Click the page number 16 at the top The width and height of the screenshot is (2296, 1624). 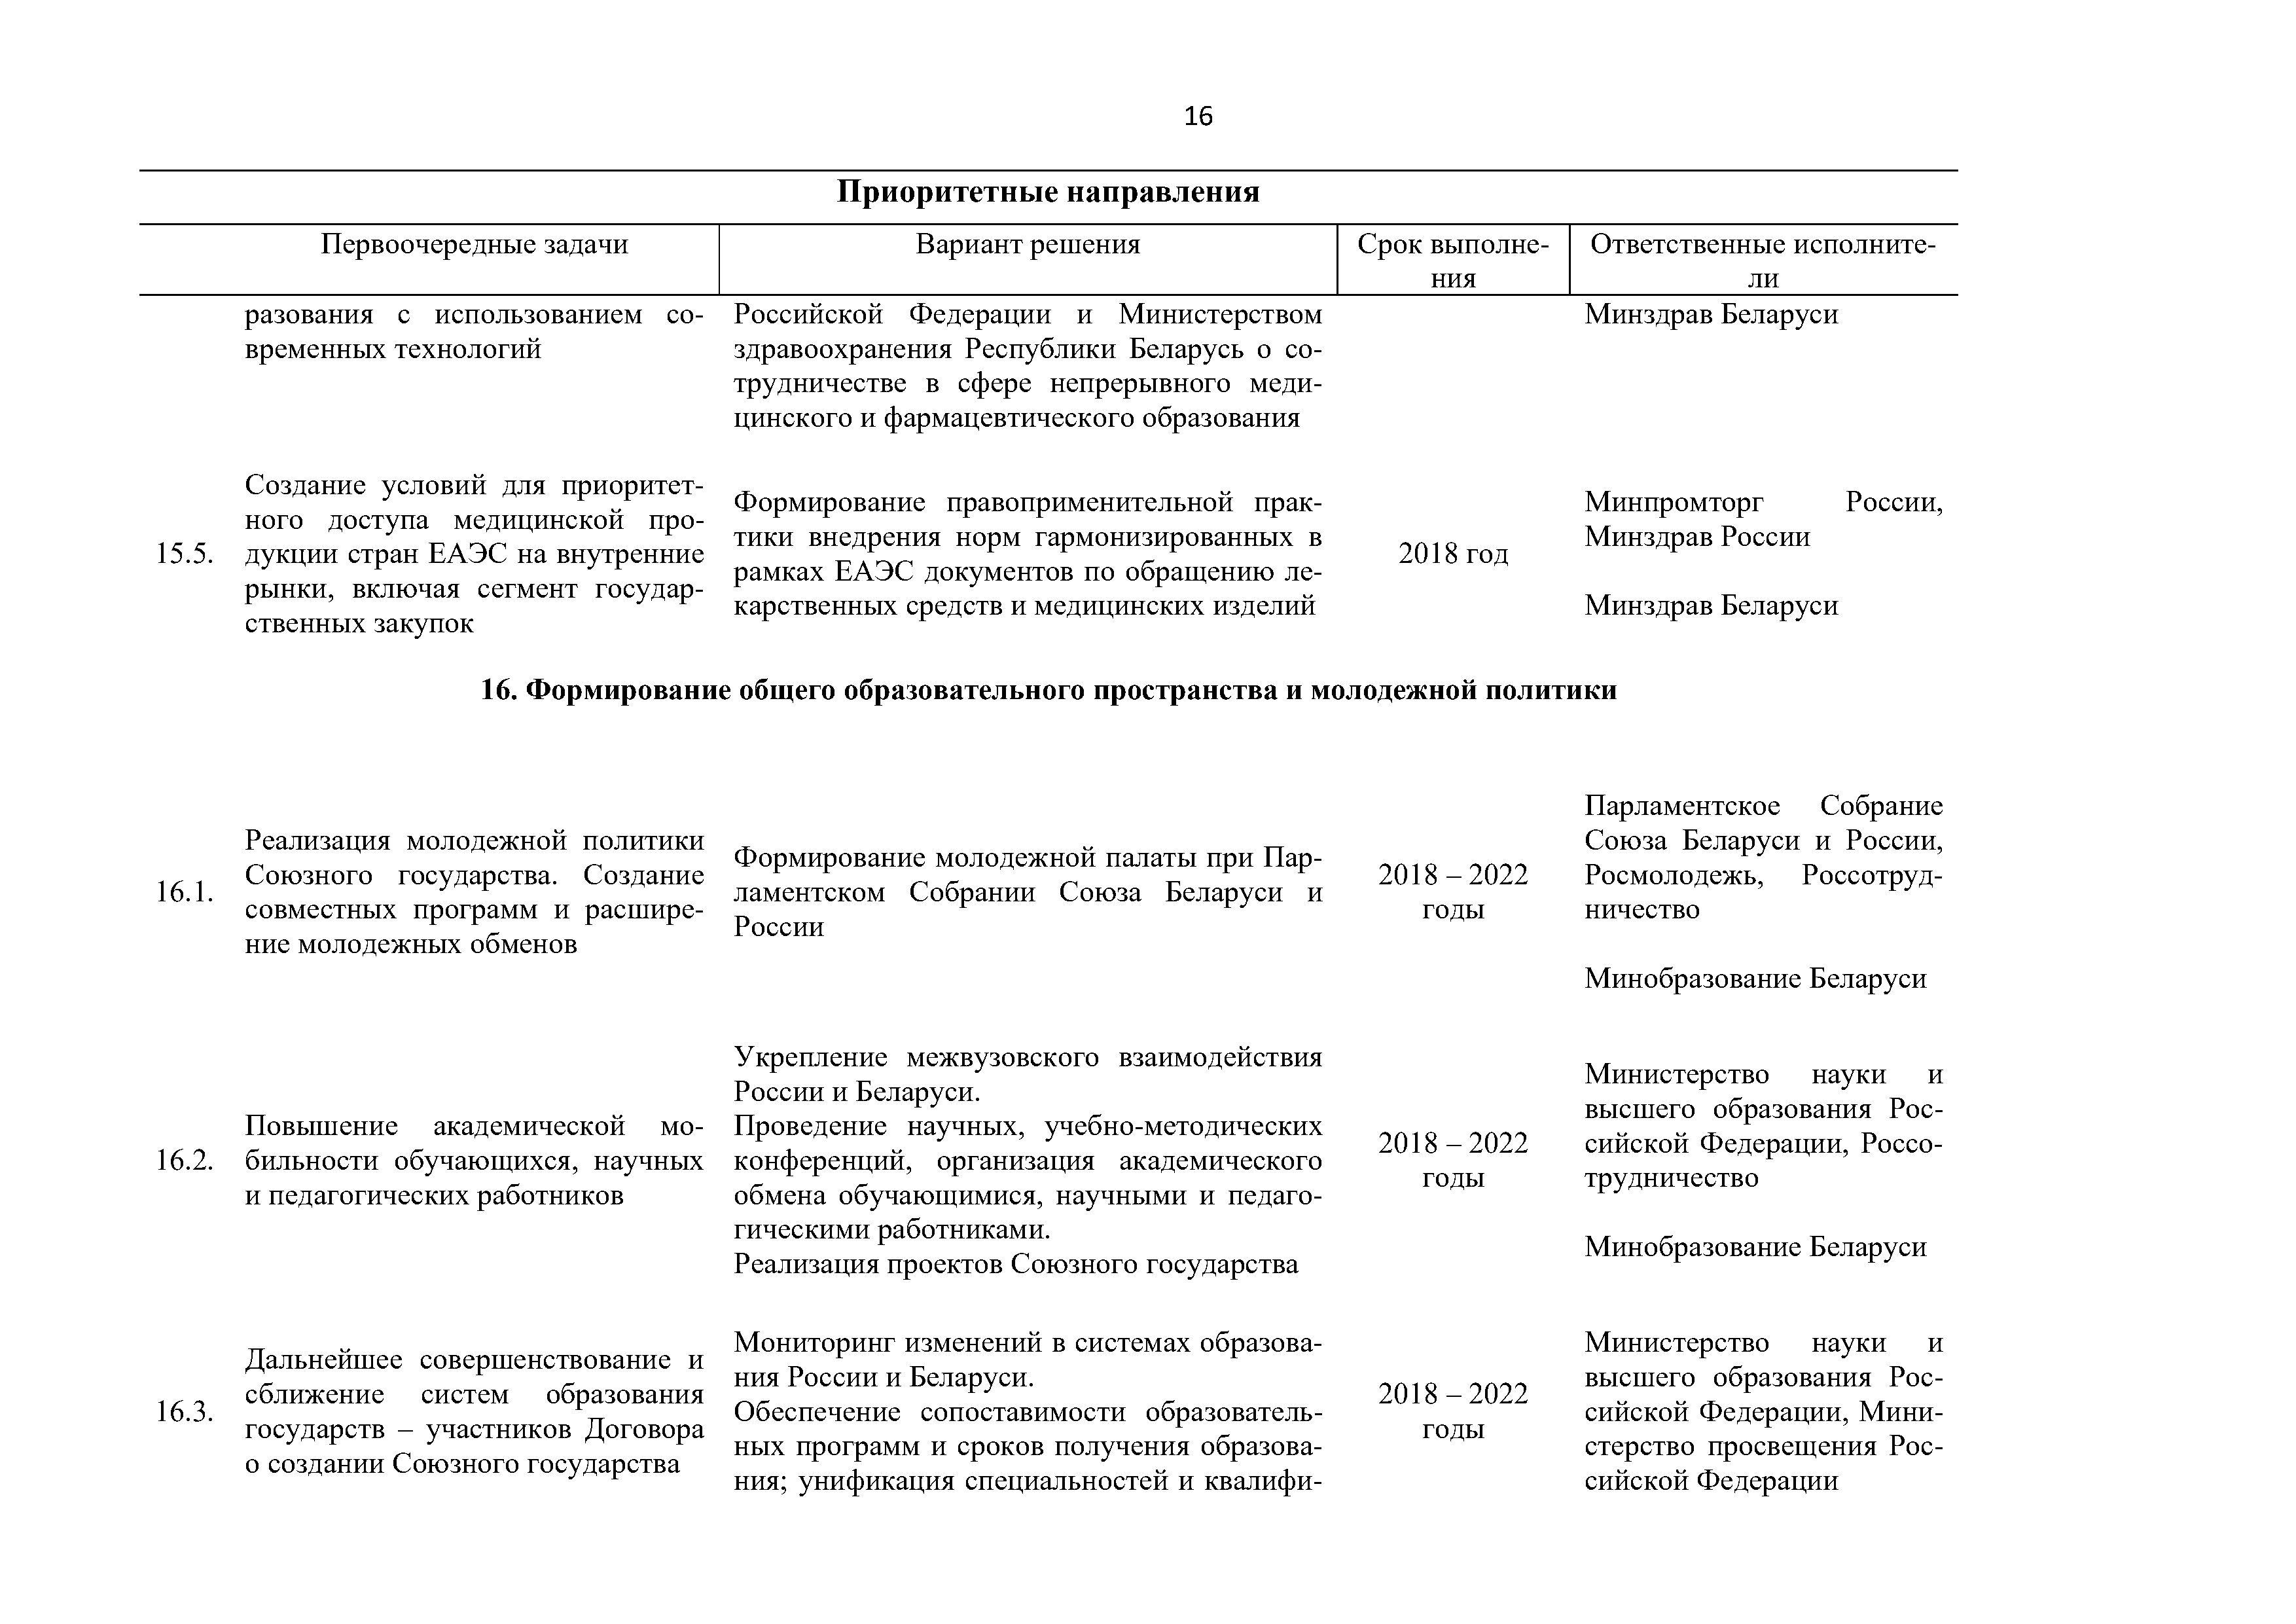pos(1197,117)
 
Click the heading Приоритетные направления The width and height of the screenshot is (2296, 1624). pos(1047,192)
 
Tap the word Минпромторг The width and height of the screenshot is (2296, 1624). pos(1674,502)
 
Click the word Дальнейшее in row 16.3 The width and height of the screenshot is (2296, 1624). pos(325,1360)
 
